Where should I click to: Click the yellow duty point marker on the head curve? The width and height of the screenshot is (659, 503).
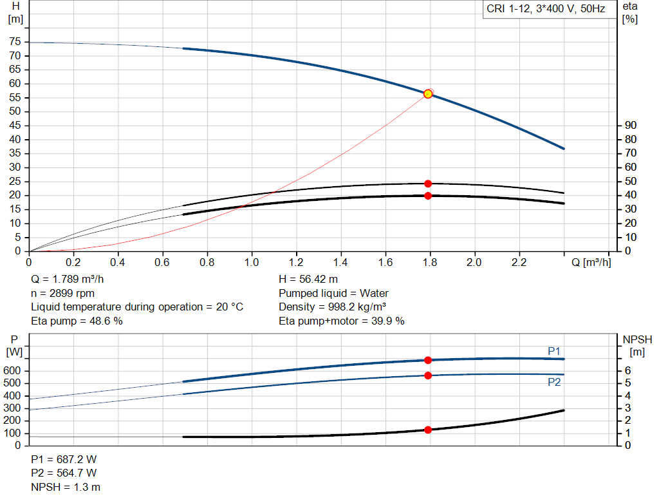click(x=428, y=94)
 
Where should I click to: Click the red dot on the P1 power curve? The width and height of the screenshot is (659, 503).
click(x=428, y=360)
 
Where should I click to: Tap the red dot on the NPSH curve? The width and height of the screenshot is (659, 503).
click(x=428, y=430)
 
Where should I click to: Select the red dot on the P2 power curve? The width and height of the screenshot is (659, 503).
click(x=428, y=375)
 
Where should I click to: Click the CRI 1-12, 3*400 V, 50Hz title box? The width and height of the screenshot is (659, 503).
click(x=546, y=10)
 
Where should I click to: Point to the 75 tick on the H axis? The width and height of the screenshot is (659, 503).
click(x=14, y=42)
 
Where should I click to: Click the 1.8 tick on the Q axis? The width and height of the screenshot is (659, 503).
click(x=429, y=263)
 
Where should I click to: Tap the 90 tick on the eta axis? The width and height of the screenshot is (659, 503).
click(x=631, y=125)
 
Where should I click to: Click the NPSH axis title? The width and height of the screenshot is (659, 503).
click(x=637, y=339)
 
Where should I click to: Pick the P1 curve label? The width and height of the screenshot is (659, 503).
click(x=554, y=350)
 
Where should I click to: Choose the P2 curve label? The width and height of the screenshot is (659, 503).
click(x=554, y=382)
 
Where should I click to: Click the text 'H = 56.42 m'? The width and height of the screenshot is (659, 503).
click(x=308, y=280)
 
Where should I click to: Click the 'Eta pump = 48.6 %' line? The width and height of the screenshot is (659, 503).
click(x=77, y=320)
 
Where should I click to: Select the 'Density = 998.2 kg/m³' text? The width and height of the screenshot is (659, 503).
click(x=332, y=307)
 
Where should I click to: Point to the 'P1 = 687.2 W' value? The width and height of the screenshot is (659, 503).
click(x=64, y=460)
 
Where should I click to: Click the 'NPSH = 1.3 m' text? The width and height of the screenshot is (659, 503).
click(x=66, y=487)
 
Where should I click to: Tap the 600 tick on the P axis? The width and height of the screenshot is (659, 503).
click(x=14, y=371)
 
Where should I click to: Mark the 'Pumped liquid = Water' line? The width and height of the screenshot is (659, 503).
click(x=333, y=293)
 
